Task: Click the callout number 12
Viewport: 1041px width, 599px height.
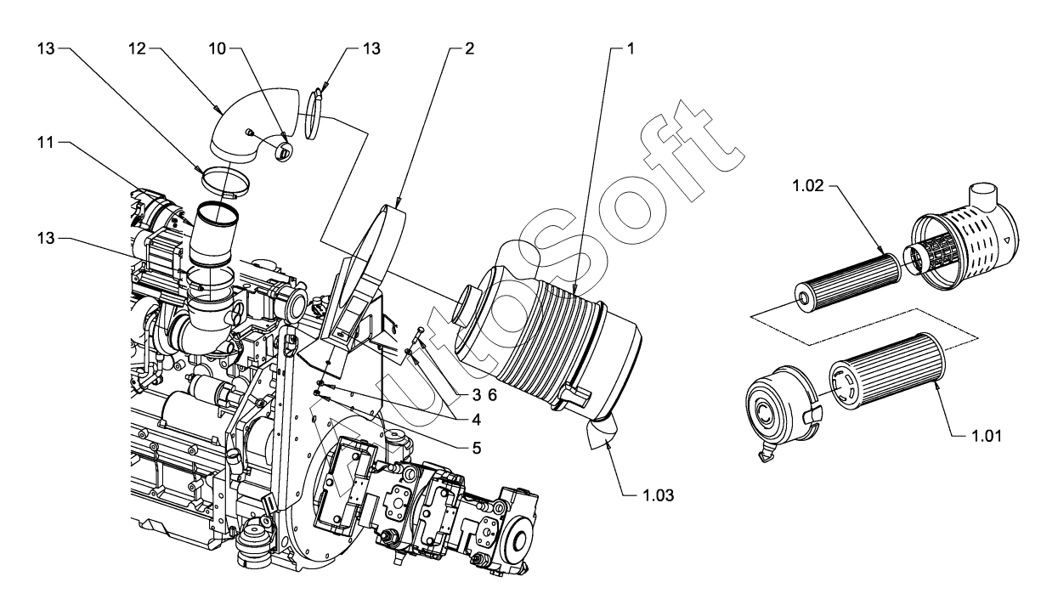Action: pos(137,48)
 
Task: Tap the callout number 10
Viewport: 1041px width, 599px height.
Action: pos(217,48)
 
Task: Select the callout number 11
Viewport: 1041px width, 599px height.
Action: pos(46,143)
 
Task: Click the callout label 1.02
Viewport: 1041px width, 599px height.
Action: pos(807,186)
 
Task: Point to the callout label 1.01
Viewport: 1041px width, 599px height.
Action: pos(987,436)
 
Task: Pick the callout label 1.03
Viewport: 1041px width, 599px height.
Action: pos(658,495)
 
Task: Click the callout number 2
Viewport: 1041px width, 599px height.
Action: pos(469,48)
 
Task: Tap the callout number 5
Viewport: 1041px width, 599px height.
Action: pos(477,448)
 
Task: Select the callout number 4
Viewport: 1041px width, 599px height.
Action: pos(477,420)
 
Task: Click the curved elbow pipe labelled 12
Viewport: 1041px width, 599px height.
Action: pos(255,126)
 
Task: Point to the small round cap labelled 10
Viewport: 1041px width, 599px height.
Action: pos(283,151)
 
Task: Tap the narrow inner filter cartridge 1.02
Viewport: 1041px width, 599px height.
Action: pos(848,282)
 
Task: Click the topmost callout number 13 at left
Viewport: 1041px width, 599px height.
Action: pos(46,48)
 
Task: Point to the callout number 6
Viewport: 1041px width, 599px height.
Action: pos(492,395)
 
